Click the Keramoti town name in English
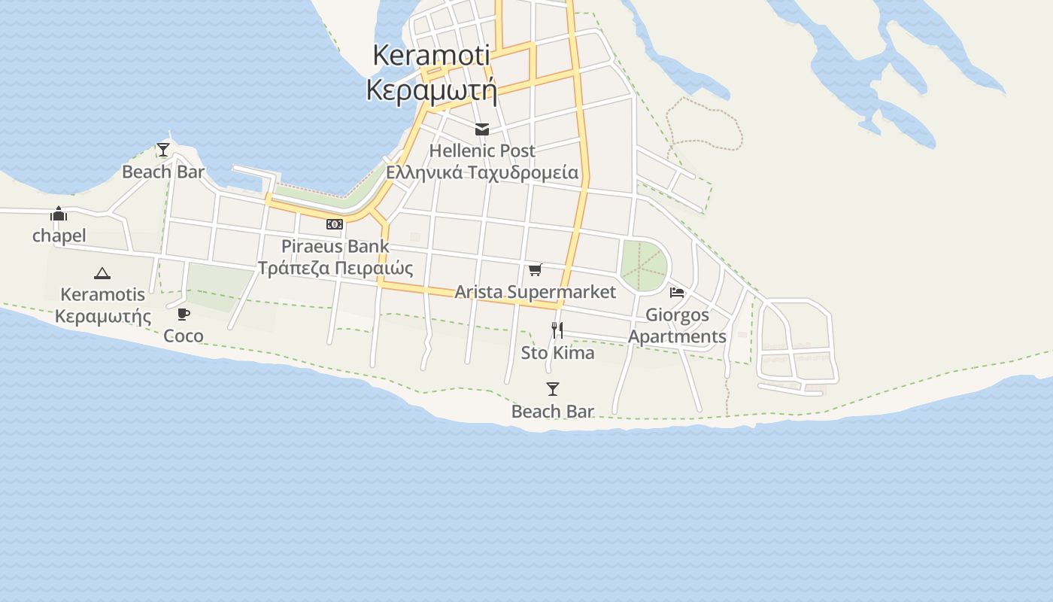pos(431,55)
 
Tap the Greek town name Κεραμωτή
pos(431,90)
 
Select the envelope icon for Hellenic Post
pos(482,130)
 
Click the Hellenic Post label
pos(482,151)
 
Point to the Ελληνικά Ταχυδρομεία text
pos(482,172)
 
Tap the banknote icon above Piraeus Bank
pos(335,224)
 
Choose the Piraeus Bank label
pos(335,246)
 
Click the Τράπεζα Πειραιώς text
pos(335,268)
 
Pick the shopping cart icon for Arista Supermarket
pos(536,270)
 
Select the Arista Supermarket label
pos(536,292)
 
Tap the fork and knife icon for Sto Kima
pos(557,330)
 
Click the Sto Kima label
pos(557,353)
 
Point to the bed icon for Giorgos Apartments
pos(677,292)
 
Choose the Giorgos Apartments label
pos(677,325)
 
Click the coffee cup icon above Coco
pos(184,314)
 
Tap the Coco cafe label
pos(184,336)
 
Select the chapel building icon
pos(59,214)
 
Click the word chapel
pos(59,236)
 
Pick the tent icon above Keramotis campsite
pos(102,273)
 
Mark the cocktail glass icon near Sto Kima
pos(553,389)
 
